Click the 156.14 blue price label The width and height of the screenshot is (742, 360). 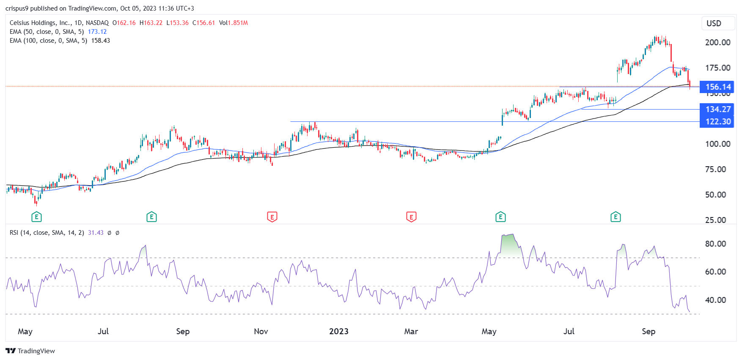click(717, 87)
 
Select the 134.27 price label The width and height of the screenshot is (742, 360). click(717, 109)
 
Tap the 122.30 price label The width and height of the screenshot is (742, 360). click(717, 121)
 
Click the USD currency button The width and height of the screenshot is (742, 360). click(714, 23)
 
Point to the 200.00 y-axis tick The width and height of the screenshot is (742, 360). click(717, 42)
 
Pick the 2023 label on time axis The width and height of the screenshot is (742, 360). click(338, 331)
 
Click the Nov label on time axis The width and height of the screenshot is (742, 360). click(261, 331)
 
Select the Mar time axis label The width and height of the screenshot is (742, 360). click(411, 331)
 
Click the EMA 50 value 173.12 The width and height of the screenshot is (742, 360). click(97, 32)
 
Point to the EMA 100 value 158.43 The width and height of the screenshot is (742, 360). click(100, 41)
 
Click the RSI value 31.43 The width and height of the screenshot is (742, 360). click(96, 233)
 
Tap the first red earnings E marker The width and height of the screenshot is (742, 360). click(272, 217)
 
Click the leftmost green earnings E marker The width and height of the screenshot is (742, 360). click(36, 217)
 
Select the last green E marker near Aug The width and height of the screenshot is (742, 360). click(616, 217)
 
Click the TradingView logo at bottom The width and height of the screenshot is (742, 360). click(30, 351)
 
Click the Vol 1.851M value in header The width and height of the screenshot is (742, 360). click(237, 23)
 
